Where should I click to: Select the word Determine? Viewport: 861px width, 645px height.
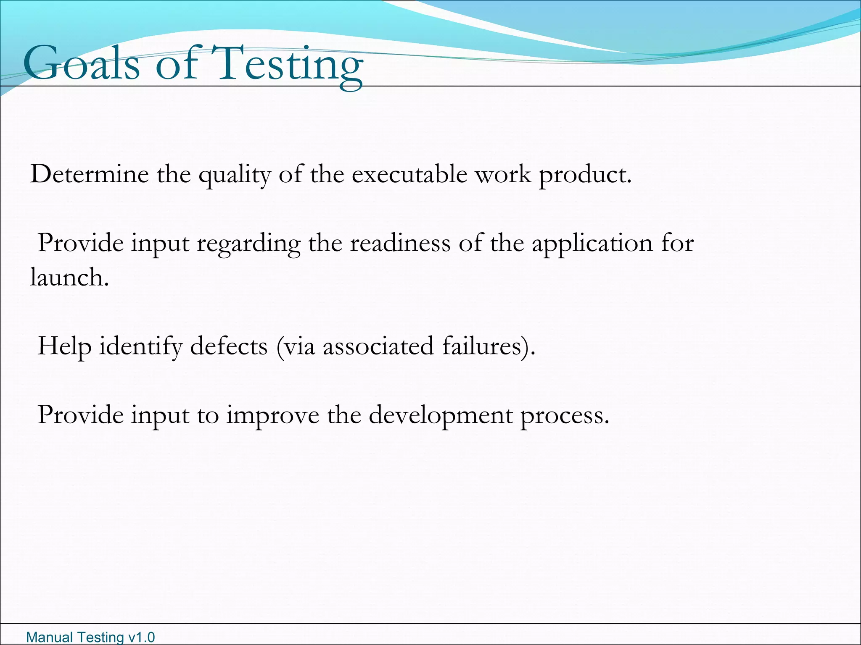[90, 174]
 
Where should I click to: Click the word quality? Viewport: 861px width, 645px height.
[235, 175]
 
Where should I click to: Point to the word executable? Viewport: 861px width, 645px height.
[409, 174]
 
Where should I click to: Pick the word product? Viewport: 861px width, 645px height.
[585, 175]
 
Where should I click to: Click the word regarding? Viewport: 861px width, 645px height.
[248, 244]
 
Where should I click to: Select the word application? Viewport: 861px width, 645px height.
[592, 244]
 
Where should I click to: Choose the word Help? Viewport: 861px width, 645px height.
[64, 347]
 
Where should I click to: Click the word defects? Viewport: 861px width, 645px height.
[229, 346]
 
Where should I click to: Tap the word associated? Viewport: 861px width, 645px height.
[378, 346]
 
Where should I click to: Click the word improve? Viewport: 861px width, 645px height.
[273, 416]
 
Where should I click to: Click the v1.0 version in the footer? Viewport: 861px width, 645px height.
[141, 637]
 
